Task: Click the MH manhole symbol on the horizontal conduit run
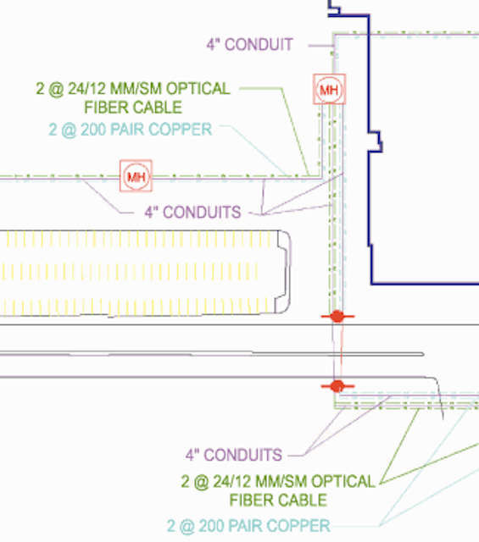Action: pos(136,175)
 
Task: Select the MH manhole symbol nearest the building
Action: pos(329,89)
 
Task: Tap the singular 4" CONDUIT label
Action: pos(249,45)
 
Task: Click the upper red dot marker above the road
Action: pos(337,316)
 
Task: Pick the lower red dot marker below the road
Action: pos(337,386)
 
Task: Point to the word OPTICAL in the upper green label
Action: pos(198,89)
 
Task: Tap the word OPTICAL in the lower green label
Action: pos(343,482)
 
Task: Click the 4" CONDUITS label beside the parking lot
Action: pos(192,213)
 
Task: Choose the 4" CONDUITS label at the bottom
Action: pos(234,455)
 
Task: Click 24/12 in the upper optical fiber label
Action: pos(86,89)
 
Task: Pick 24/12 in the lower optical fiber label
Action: pos(231,482)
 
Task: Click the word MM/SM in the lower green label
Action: pos(281,482)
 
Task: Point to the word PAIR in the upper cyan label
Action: pos(127,130)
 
